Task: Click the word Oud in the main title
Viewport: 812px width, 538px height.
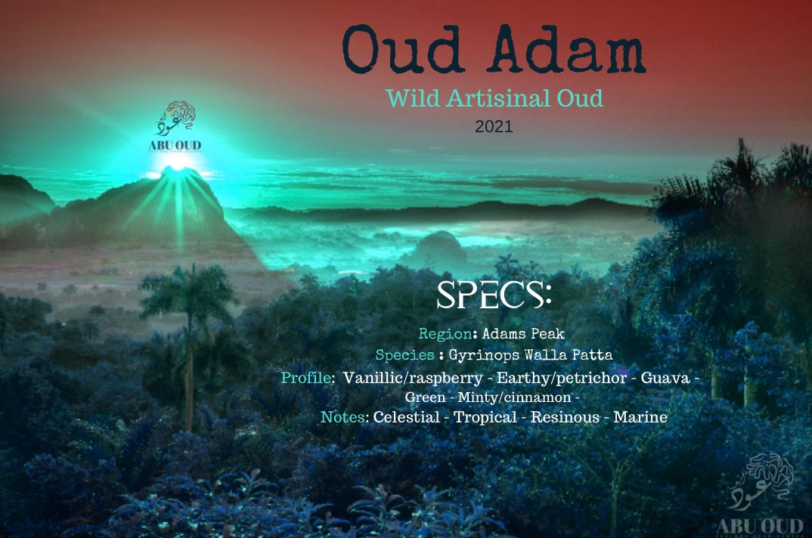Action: pyautogui.click(x=402, y=49)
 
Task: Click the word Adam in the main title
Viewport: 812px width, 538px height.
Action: pyautogui.click(x=568, y=49)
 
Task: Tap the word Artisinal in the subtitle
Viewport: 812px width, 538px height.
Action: pyautogui.click(x=498, y=98)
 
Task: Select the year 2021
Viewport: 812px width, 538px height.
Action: pyautogui.click(x=494, y=126)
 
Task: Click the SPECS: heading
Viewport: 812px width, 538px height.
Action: pyautogui.click(x=494, y=295)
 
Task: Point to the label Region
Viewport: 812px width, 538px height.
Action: pyautogui.click(x=445, y=333)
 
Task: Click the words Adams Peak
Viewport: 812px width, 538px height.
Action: pyautogui.click(x=523, y=333)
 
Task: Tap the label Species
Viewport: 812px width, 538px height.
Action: pyautogui.click(x=405, y=354)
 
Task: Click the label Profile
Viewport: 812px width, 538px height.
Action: pyautogui.click(x=307, y=378)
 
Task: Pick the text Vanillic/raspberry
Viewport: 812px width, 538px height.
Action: pyautogui.click(x=413, y=378)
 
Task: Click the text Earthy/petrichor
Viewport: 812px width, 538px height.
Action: pyautogui.click(x=562, y=378)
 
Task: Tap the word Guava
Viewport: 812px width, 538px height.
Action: pyautogui.click(x=665, y=378)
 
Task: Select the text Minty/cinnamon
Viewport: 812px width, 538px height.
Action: pyautogui.click(x=515, y=397)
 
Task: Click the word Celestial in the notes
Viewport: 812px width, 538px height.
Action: pyautogui.click(x=407, y=417)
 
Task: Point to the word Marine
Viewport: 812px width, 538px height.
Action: pyautogui.click(x=640, y=417)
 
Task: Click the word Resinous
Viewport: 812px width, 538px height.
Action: pyautogui.click(x=565, y=417)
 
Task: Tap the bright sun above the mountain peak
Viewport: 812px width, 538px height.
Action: pyautogui.click(x=178, y=162)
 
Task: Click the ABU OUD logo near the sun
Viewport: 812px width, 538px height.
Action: pyautogui.click(x=175, y=126)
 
